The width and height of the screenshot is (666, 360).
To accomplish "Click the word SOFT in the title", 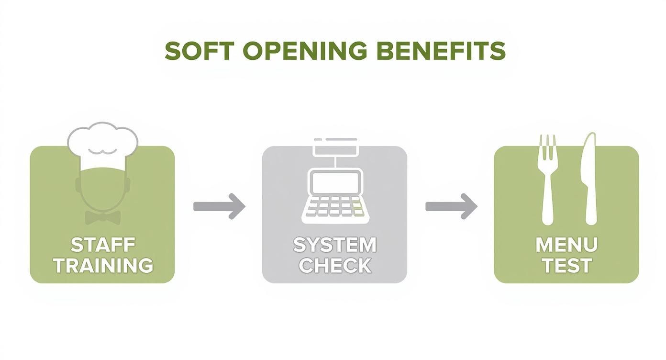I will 200,51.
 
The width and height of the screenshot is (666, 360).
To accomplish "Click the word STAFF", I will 102,245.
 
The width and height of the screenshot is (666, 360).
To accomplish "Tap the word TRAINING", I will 102,265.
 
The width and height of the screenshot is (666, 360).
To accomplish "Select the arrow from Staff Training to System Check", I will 219,206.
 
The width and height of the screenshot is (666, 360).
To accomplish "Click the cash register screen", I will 334,182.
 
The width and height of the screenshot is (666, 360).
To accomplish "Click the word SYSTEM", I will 334,245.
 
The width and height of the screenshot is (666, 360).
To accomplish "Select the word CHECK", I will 334,265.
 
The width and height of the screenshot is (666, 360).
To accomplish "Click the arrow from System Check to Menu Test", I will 451,206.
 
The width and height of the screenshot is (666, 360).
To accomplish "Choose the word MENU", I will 566,245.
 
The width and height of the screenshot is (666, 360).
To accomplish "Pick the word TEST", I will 566,265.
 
